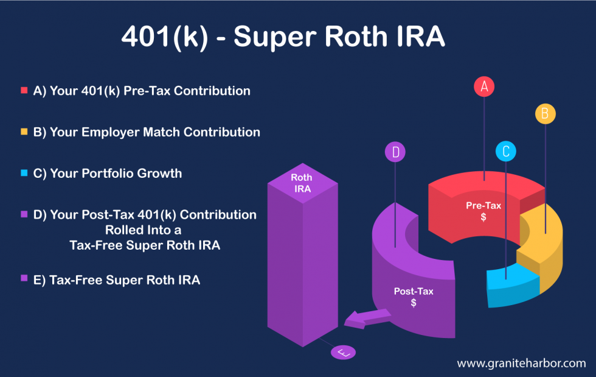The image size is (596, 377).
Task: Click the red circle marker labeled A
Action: pyautogui.click(x=484, y=86)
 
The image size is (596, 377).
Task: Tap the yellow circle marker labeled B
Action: pyautogui.click(x=545, y=114)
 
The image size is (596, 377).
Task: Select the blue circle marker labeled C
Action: pyautogui.click(x=505, y=151)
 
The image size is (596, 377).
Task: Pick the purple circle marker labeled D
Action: pyautogui.click(x=395, y=152)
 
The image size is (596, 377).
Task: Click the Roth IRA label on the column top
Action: pyautogui.click(x=302, y=183)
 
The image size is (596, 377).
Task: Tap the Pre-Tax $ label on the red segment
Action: pyautogui.click(x=483, y=211)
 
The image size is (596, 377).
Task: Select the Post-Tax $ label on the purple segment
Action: pyautogui.click(x=414, y=297)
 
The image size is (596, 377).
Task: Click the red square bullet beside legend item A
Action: pyautogui.click(x=24, y=91)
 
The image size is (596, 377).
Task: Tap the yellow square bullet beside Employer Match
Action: pyautogui.click(x=24, y=132)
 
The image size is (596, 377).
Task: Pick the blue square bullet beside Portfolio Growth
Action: pyautogui.click(x=24, y=174)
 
